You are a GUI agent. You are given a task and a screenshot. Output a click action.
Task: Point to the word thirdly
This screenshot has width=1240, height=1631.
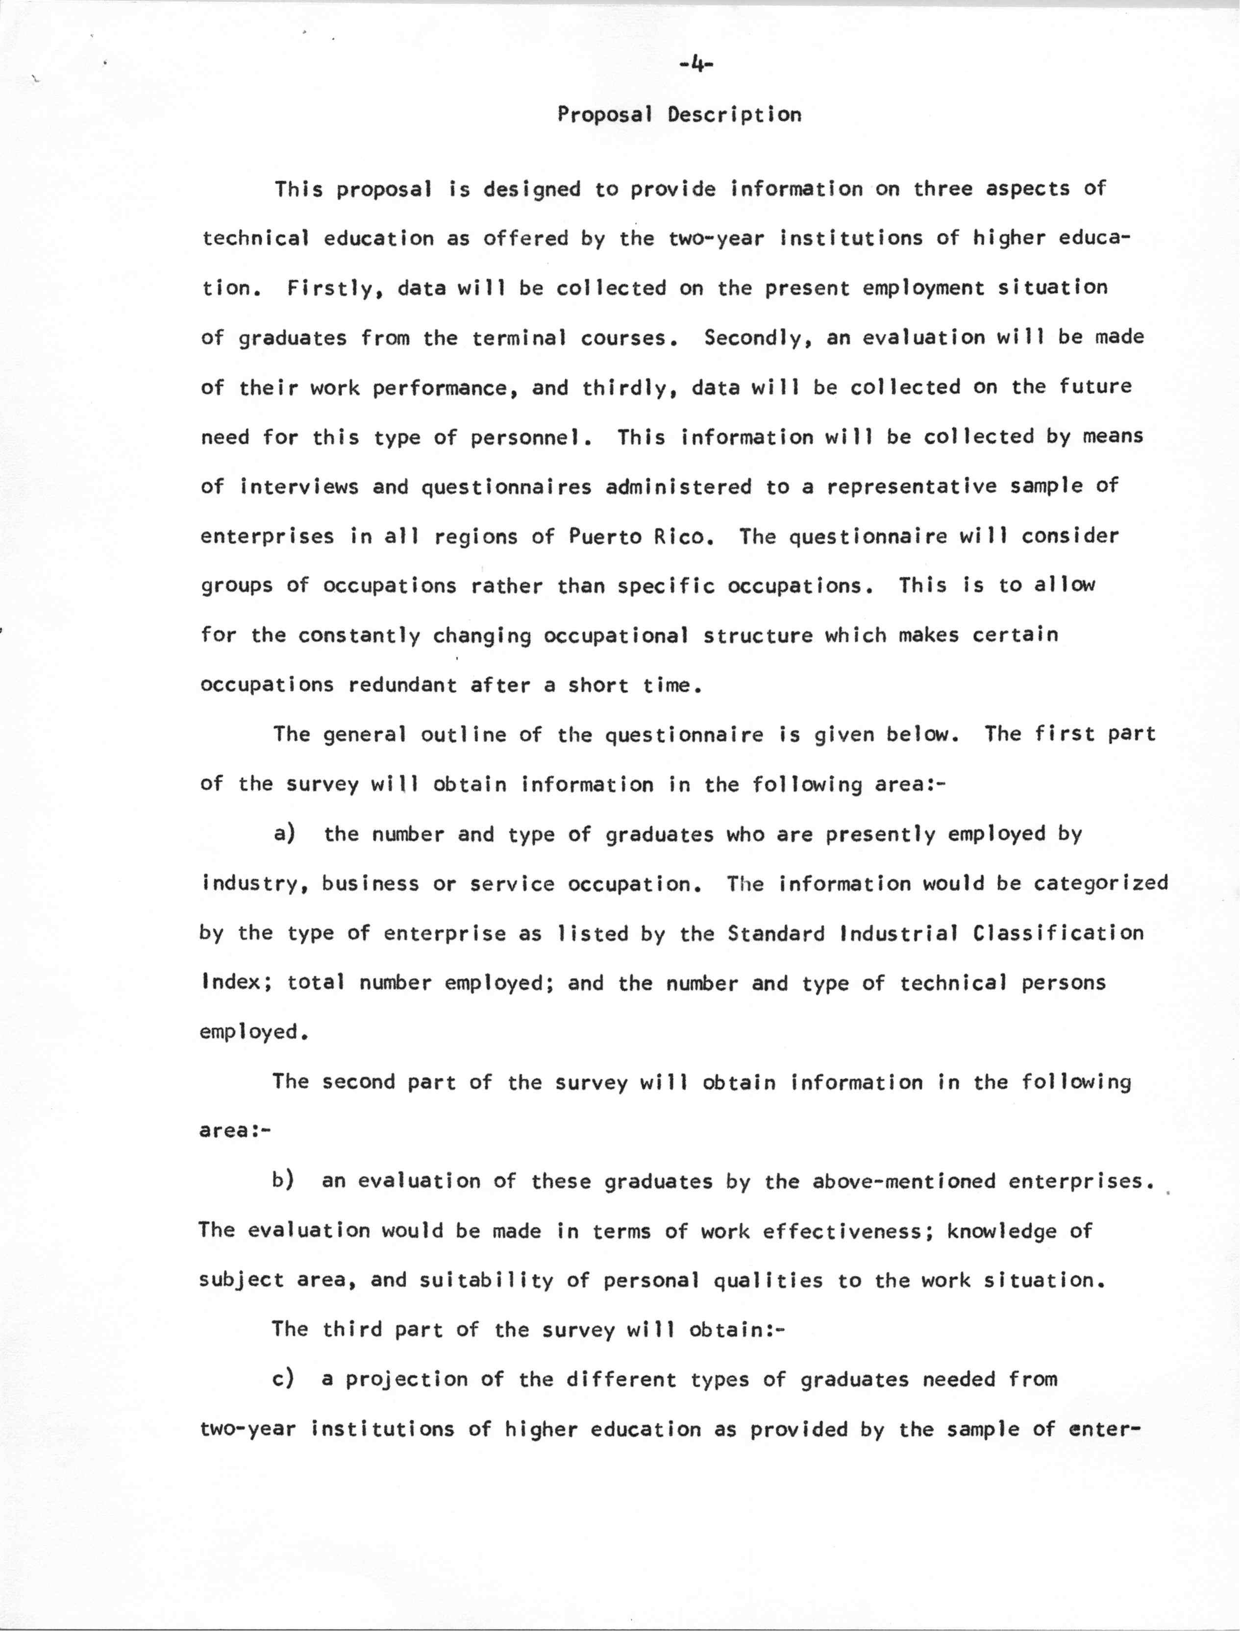click(x=630, y=387)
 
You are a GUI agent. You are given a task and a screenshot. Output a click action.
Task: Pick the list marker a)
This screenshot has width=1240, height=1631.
click(x=284, y=833)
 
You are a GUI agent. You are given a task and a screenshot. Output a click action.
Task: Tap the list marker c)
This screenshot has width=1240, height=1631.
click(x=283, y=1378)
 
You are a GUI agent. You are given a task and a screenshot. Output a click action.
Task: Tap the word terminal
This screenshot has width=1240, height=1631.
click(x=519, y=338)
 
